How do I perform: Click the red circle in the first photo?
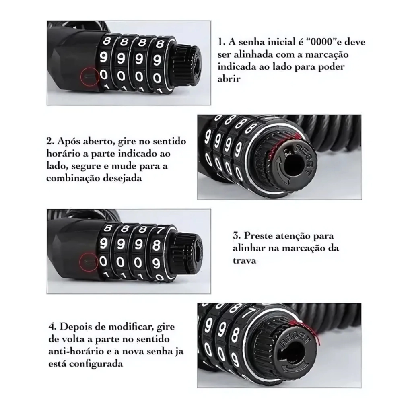[80, 76]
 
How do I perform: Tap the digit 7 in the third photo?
[159, 231]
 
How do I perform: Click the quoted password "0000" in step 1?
[322, 42]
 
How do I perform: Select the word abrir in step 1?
[229, 79]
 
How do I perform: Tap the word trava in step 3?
[244, 260]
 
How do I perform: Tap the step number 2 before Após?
[50, 142]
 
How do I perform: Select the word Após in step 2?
[69, 142]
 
